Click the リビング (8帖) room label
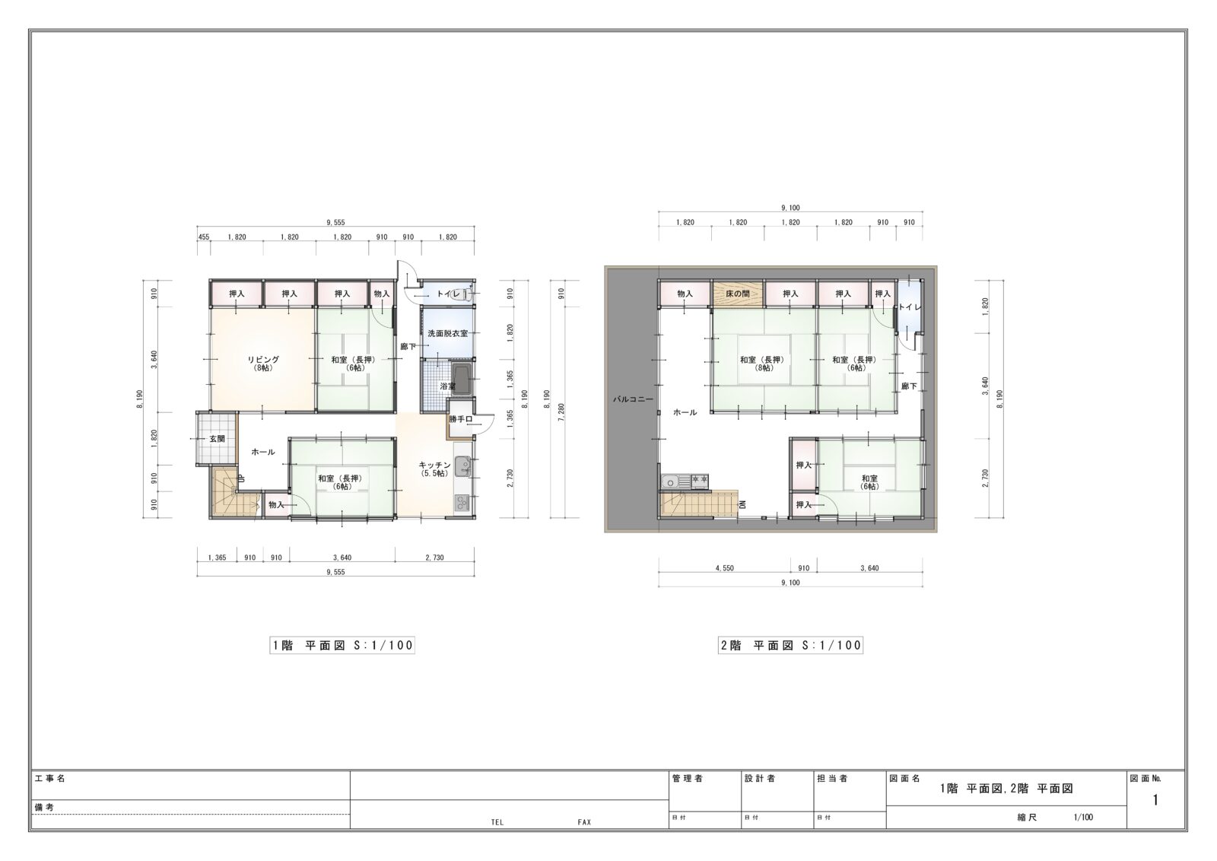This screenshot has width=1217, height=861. pyautogui.click(x=263, y=364)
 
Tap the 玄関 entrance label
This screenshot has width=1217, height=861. pyautogui.click(x=218, y=439)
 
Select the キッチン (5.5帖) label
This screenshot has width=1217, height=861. pyautogui.click(x=434, y=469)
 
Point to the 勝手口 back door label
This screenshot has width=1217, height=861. pyautogui.click(x=461, y=419)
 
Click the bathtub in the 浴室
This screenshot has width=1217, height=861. pyautogui.click(x=463, y=380)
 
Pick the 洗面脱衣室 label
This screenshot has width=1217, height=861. pyautogui.click(x=448, y=334)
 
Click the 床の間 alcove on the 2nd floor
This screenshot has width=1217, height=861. pyautogui.click(x=738, y=294)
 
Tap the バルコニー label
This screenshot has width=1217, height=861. pyautogui.click(x=633, y=399)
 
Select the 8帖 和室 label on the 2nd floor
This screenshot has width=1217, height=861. pyautogui.click(x=764, y=364)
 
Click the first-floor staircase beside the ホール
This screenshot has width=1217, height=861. pyautogui.click(x=234, y=491)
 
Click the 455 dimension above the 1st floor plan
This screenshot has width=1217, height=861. pyautogui.click(x=204, y=237)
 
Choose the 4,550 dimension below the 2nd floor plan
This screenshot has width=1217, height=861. pyautogui.click(x=724, y=568)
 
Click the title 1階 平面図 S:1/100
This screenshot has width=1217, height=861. pyautogui.click(x=342, y=645)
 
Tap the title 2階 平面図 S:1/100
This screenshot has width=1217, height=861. pyautogui.click(x=790, y=645)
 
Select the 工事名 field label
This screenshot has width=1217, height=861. pyautogui.click(x=50, y=778)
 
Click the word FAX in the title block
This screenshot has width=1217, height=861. pyautogui.click(x=584, y=822)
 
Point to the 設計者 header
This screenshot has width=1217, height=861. pyautogui.click(x=760, y=778)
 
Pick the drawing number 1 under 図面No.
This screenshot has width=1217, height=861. pyautogui.click(x=1155, y=800)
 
